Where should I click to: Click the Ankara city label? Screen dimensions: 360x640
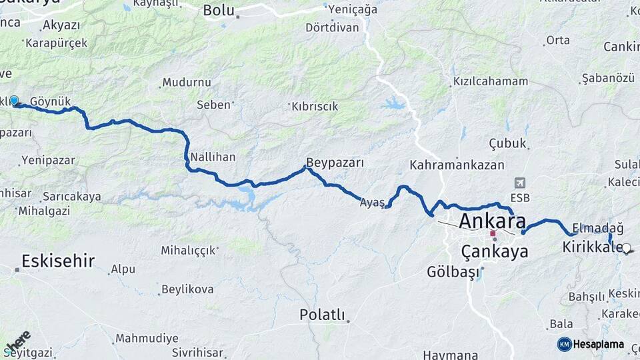[492, 221]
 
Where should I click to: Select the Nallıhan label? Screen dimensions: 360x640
[213, 157]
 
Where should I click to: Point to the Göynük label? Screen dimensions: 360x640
[50, 101]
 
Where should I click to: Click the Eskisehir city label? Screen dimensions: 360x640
[58, 261]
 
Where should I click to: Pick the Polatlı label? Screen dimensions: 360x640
[322, 315]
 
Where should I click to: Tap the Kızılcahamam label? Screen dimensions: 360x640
[490, 81]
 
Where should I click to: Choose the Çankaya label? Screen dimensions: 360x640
[494, 251]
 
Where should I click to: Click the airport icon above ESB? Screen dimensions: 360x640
[519, 183]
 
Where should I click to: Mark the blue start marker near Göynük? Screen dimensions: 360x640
[14, 101]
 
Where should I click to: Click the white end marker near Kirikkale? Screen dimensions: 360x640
[626, 248]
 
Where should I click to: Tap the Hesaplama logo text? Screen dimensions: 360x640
[598, 345]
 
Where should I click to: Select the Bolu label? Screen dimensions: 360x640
[219, 10]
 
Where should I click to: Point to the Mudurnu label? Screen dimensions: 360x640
[187, 83]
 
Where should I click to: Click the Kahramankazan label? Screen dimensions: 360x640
[457, 164]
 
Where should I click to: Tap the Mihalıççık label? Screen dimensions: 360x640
[188, 250]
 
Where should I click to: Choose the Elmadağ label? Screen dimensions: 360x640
[597, 227]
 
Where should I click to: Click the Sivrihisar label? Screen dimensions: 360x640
[197, 351]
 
